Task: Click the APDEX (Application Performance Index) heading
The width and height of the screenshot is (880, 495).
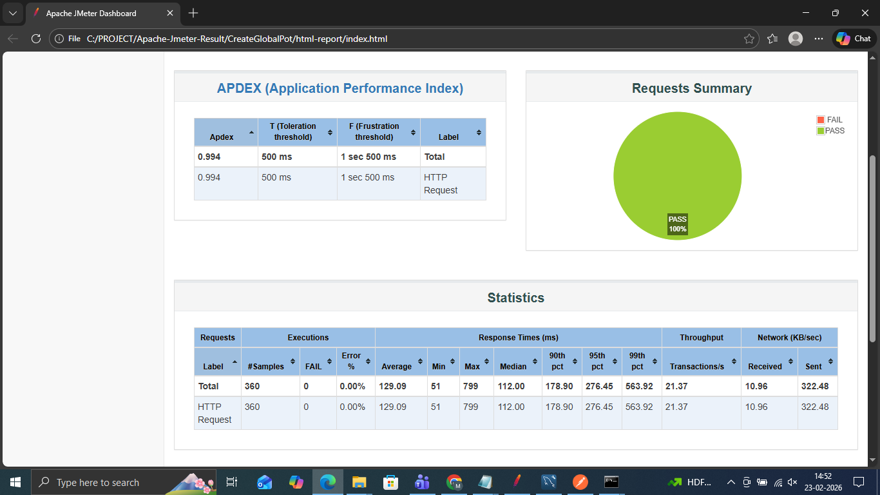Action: [x=340, y=88]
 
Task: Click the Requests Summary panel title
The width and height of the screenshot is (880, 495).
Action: [x=691, y=88]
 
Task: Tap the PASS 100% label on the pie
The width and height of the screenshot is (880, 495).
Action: [x=677, y=224]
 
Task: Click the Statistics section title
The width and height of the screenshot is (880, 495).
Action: [x=515, y=298]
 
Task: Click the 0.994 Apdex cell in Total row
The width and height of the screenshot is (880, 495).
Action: [x=209, y=157]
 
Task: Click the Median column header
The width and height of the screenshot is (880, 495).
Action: [x=513, y=366]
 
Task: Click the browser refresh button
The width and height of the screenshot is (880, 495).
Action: [x=36, y=39]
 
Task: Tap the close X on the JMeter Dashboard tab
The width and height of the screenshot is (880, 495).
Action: [x=170, y=13]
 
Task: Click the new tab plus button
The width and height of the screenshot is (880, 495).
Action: [x=193, y=13]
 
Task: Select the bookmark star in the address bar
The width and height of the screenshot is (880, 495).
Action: [x=749, y=39]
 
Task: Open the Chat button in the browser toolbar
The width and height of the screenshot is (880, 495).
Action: [x=854, y=39]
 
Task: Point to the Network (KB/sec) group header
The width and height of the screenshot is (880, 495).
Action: [x=789, y=337]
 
